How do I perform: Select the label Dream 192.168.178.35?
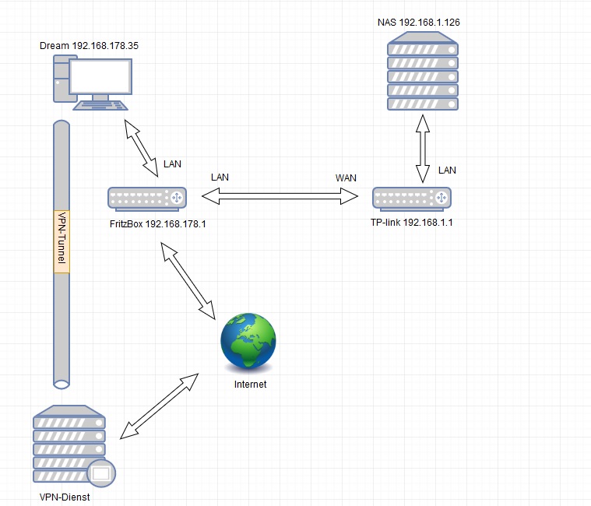(89, 46)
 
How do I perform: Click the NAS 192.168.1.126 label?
(418, 23)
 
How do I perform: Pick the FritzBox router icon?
(148, 199)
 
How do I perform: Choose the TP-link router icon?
(412, 199)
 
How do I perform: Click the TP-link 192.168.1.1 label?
(412, 222)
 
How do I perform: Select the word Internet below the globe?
(250, 385)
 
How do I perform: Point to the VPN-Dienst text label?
(65, 496)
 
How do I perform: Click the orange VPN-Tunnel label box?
(62, 241)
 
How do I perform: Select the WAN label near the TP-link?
(346, 178)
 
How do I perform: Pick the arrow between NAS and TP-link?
(422, 150)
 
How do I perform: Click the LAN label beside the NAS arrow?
(447, 170)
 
